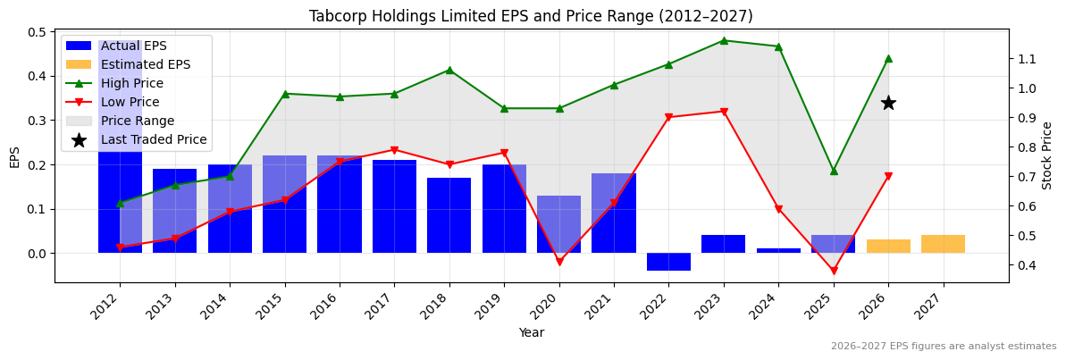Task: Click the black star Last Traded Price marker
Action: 888,103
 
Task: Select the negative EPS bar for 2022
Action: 668,262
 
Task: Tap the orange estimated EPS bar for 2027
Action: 943,244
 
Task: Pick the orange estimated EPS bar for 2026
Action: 888,247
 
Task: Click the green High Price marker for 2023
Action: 724,40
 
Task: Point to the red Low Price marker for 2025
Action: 834,271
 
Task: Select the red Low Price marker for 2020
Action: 559,262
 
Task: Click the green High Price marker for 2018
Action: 449,70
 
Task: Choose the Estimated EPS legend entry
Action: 128,64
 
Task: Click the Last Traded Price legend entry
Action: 137,139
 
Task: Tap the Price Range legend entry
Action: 121,121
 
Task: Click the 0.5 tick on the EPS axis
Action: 37,32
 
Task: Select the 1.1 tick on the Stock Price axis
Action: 1026,59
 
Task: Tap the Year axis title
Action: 532,332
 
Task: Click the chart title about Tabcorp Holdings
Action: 531,16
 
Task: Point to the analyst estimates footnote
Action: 944,346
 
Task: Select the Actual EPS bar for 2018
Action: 449,215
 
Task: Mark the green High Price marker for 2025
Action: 834,171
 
